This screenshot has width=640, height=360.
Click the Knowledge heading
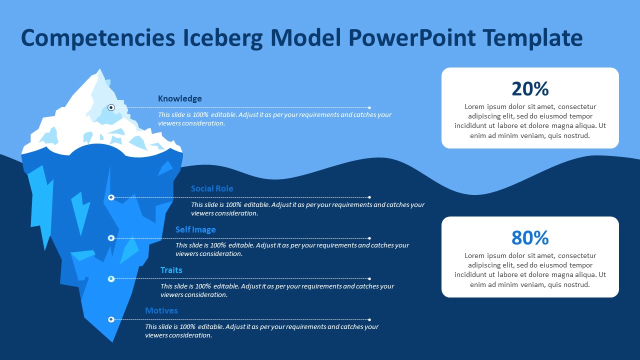pos(179,98)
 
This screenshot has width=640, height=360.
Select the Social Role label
pos(212,188)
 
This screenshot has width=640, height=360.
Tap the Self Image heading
pos(195,229)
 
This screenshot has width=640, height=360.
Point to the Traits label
pos(171,270)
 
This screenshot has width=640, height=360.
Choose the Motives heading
pos(161,310)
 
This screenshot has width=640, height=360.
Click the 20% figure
pos(530,89)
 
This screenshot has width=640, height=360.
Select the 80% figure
pos(530,237)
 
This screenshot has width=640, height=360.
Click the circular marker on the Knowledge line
pos(111,107)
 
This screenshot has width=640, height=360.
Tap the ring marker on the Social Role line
pos(111,197)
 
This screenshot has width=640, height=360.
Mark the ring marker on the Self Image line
pos(111,238)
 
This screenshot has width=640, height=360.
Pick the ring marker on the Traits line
pos(111,279)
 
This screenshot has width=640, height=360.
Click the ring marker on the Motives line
pos(111,319)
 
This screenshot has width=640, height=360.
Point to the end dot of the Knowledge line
pos(369,107)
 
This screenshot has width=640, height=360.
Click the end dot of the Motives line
pos(369,319)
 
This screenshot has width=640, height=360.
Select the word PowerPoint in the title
pos(412,37)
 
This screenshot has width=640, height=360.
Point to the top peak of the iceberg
pos(99,69)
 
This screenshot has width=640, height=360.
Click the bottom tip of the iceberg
pos(112,342)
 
